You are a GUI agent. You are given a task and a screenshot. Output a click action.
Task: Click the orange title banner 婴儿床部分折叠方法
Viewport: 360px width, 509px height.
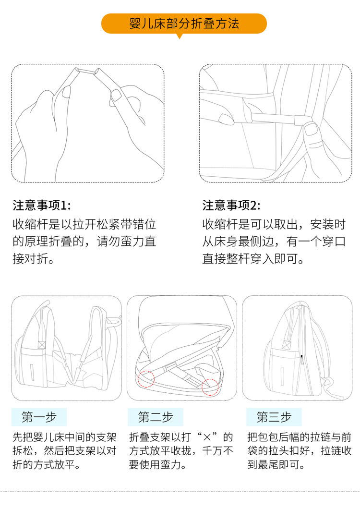click(x=184, y=24)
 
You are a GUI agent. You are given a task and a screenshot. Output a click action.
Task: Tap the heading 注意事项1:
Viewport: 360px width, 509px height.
click(x=42, y=205)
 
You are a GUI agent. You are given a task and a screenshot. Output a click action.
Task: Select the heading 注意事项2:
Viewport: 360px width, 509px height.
click(x=231, y=205)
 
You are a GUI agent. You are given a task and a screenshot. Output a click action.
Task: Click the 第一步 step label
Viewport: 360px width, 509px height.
click(x=39, y=417)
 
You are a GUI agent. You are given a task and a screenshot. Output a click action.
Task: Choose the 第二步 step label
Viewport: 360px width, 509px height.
click(x=156, y=417)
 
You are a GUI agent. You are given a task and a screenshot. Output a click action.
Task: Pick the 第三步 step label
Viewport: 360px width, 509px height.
click(x=274, y=417)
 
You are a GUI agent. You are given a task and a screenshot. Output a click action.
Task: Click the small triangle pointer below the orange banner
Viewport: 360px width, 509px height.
click(x=179, y=36)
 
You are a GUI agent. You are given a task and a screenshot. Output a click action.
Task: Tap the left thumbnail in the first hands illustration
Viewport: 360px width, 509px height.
click(x=67, y=92)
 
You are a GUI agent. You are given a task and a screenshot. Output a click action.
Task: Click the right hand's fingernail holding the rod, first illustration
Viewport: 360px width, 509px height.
click(x=116, y=95)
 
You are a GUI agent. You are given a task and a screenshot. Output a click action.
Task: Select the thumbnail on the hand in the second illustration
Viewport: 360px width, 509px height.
click(x=312, y=129)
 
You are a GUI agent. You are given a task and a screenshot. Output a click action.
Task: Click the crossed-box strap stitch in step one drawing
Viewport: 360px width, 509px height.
click(x=42, y=344)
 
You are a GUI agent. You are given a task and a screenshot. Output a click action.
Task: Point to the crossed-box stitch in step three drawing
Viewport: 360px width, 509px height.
click(x=287, y=344)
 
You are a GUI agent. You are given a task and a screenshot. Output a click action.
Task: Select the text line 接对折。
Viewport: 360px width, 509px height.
click(x=33, y=259)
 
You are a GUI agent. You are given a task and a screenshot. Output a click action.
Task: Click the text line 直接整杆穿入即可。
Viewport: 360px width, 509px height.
click(x=253, y=259)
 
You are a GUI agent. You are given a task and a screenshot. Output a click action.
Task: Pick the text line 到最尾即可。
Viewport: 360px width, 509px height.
click(x=276, y=465)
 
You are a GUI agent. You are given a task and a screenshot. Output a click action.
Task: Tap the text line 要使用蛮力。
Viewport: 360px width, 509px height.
click(x=157, y=465)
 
